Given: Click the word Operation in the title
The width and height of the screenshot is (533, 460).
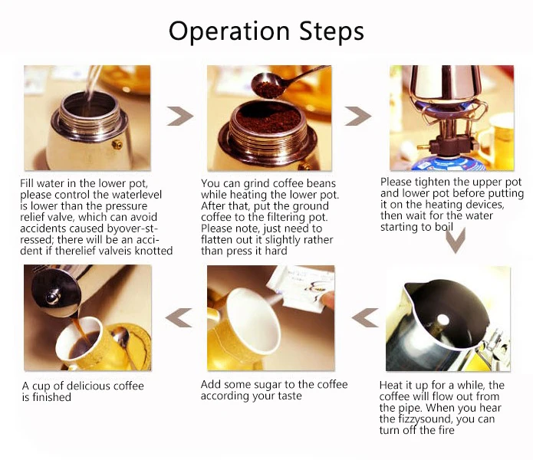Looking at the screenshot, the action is [229, 31].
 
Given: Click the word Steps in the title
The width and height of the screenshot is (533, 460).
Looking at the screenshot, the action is [331, 31].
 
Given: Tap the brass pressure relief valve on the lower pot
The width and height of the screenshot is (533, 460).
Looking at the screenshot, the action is [117, 144].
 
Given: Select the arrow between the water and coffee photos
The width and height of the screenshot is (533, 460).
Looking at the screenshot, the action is [179, 116].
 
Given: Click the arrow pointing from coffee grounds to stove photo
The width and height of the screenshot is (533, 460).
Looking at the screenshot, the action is [357, 116].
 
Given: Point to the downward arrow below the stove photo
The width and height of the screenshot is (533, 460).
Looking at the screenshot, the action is [455, 240].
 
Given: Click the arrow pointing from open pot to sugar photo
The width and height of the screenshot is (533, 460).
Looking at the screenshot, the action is [365, 317].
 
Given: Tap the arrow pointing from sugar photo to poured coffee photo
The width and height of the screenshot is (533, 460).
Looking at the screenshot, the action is [179, 317].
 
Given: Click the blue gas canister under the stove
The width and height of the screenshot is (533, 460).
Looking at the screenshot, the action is [448, 164].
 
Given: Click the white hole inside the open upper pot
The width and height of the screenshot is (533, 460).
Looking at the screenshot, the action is [443, 320].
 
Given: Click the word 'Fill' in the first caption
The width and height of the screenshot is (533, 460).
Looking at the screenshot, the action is [27, 183].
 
